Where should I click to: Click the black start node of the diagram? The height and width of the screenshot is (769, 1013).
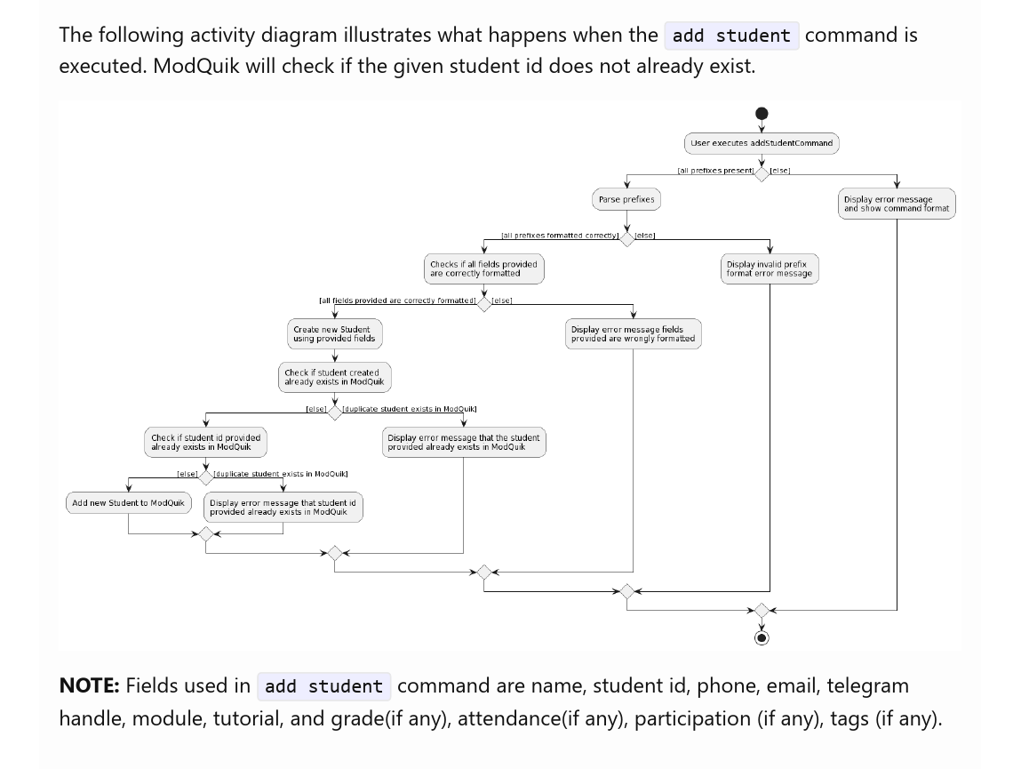pyautogui.click(x=762, y=114)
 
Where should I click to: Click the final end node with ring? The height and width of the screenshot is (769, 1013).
pyautogui.click(x=762, y=637)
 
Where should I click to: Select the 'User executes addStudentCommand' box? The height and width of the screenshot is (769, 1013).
pyautogui.click(x=762, y=143)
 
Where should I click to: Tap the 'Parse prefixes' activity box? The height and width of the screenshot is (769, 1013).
pyautogui.click(x=626, y=200)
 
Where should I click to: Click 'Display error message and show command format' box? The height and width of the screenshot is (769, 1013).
pyautogui.click(x=897, y=204)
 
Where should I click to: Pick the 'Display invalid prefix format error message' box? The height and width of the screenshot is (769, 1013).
pyautogui.click(x=770, y=268)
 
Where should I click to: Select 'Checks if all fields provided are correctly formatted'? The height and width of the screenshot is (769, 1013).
pyautogui.click(x=483, y=268)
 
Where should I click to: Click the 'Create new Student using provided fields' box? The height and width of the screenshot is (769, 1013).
pyautogui.click(x=335, y=333)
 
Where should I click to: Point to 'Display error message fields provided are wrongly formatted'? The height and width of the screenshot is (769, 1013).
pyautogui.click(x=633, y=333)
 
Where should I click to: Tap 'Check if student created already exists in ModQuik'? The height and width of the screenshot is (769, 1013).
pyautogui.click(x=334, y=377)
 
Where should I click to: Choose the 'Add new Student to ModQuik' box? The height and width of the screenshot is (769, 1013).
pyautogui.click(x=129, y=503)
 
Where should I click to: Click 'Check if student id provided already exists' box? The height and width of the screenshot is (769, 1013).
pyautogui.click(x=205, y=442)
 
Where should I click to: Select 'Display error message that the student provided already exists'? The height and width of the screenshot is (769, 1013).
pyautogui.click(x=464, y=442)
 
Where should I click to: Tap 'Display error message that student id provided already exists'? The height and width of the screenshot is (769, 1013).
pyautogui.click(x=283, y=507)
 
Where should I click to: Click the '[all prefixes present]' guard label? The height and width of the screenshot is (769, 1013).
pyautogui.click(x=715, y=171)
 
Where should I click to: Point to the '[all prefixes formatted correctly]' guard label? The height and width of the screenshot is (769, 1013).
pyautogui.click(x=560, y=236)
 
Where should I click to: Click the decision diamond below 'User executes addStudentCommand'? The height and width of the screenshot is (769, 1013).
pyautogui.click(x=762, y=174)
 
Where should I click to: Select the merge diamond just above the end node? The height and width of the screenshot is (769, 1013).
pyautogui.click(x=762, y=611)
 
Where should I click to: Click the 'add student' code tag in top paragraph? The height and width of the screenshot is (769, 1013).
pyautogui.click(x=731, y=36)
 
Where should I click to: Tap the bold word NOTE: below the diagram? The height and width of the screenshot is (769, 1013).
pyautogui.click(x=89, y=685)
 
